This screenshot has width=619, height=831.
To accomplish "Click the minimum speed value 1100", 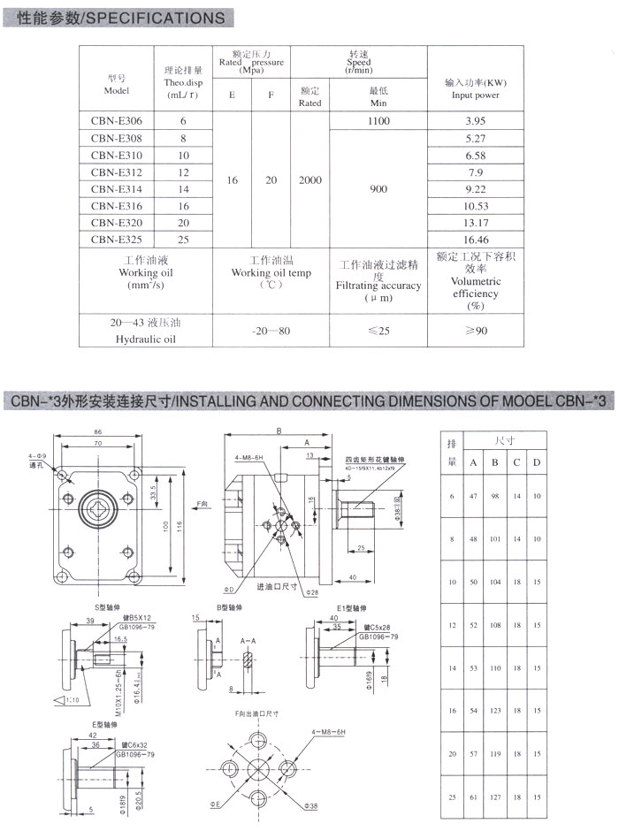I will pos(378,121).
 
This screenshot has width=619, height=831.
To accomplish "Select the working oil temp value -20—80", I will pos(271,330).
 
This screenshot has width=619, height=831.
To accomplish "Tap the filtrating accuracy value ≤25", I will pos(378,330).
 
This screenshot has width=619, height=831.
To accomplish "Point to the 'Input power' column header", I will pos(476,95).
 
